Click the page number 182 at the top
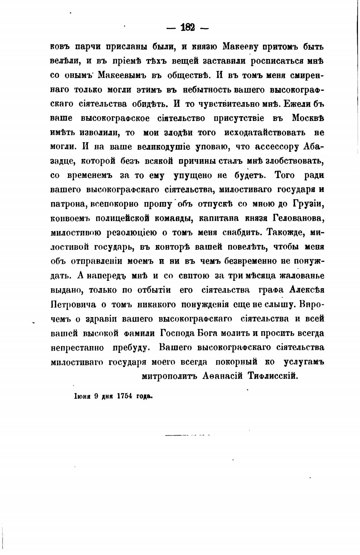[x=188, y=28]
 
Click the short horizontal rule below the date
[x=187, y=436]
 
